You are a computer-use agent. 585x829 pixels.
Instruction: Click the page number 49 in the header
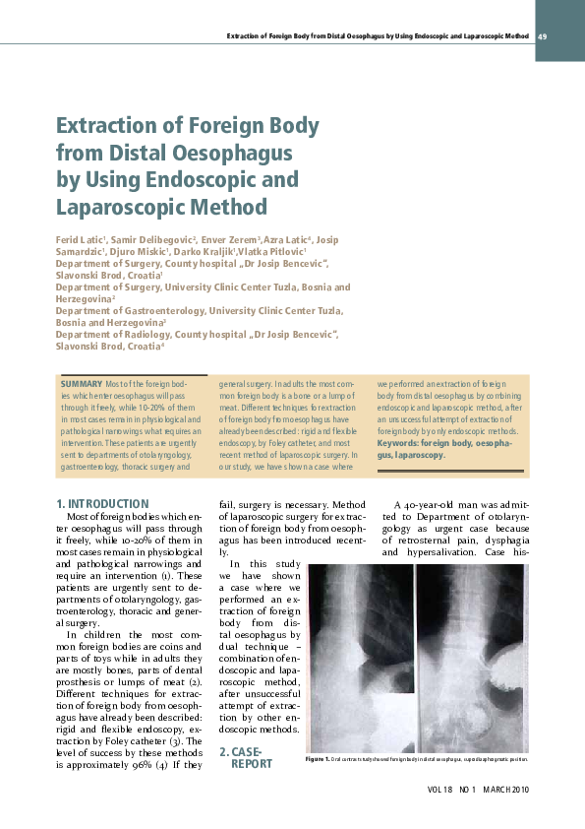(542, 35)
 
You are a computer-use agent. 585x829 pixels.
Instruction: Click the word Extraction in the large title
(105, 126)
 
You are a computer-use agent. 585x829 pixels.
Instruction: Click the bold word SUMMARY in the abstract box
(82, 383)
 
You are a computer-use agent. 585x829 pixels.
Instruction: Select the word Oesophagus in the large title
(227, 154)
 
